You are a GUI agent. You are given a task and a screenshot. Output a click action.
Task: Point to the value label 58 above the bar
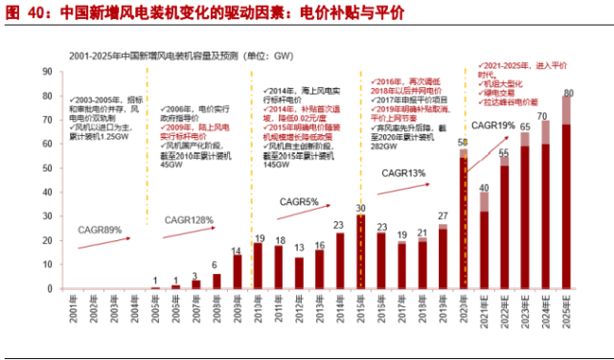(x=464, y=141)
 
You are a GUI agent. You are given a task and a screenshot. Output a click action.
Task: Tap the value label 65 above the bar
(x=526, y=125)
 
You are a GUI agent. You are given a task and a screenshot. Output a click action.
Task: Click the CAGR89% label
(x=102, y=231)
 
